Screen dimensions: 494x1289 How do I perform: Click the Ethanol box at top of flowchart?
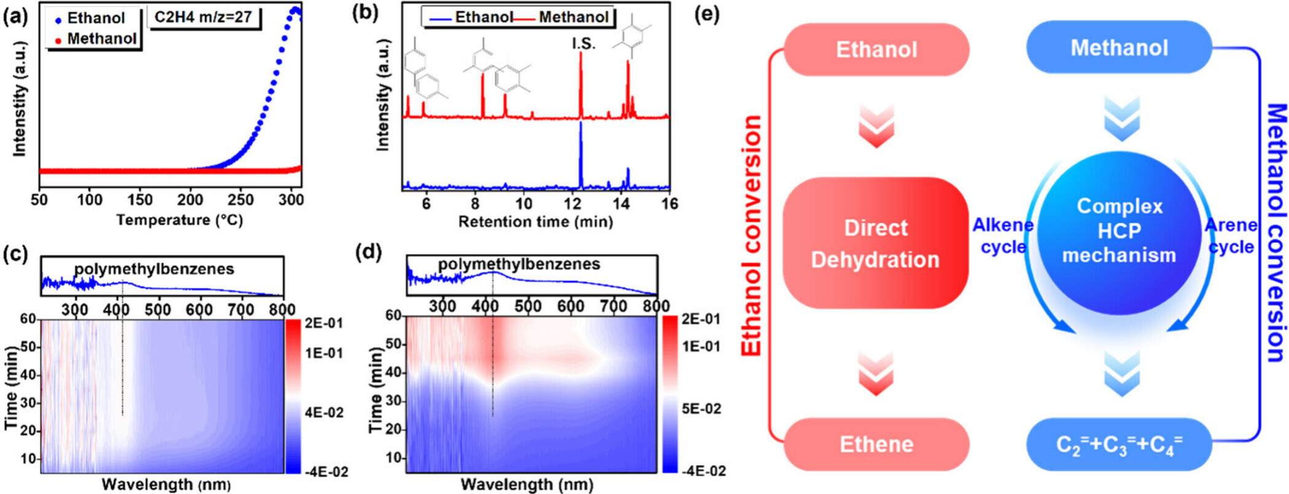coord(876,50)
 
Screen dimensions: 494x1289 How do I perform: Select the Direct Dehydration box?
coord(875,243)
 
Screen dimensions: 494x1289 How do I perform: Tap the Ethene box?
coord(876,444)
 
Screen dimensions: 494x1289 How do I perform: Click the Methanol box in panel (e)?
coord(1119,47)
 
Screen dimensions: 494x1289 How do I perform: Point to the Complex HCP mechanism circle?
coord(1119,231)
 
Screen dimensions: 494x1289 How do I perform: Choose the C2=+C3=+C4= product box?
coord(1119,444)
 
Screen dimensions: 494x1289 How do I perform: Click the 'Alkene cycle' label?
coord(1003,236)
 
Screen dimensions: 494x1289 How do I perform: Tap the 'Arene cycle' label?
coord(1231,236)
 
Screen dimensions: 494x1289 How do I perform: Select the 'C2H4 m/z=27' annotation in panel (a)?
coord(203,17)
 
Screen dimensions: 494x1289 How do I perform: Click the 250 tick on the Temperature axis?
coord(241,199)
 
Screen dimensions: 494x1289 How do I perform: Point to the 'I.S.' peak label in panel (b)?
coord(583,44)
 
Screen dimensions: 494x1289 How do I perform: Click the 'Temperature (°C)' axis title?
coord(179,220)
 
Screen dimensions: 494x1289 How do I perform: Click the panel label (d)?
coord(371,252)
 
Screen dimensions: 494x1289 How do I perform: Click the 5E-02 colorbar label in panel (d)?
coord(702,409)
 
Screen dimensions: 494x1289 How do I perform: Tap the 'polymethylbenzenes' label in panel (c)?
coord(154,269)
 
